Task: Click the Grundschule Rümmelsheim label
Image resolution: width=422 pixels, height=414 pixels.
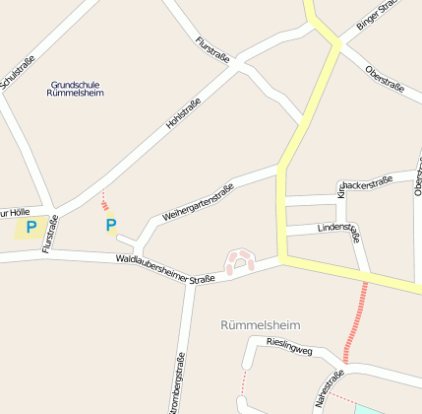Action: [75, 89]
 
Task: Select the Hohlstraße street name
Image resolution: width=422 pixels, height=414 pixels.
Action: [184, 113]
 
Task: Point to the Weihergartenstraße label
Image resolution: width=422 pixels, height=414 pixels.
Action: [198, 202]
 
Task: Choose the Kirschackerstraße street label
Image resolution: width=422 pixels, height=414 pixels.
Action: [365, 183]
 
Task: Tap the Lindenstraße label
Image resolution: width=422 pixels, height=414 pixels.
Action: [338, 229]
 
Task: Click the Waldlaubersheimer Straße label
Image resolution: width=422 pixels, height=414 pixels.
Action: [164, 269]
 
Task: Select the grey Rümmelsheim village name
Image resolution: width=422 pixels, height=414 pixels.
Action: [261, 324]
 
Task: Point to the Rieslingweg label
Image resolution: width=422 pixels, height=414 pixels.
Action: [290, 349]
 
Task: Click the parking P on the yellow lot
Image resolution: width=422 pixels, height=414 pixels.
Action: [31, 228]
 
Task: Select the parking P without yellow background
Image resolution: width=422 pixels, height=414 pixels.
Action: [110, 226]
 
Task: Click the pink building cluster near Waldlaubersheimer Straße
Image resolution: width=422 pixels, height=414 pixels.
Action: [240, 261]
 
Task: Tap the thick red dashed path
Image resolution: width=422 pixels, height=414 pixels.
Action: [357, 320]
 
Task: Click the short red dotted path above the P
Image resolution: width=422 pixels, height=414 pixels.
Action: [104, 202]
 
